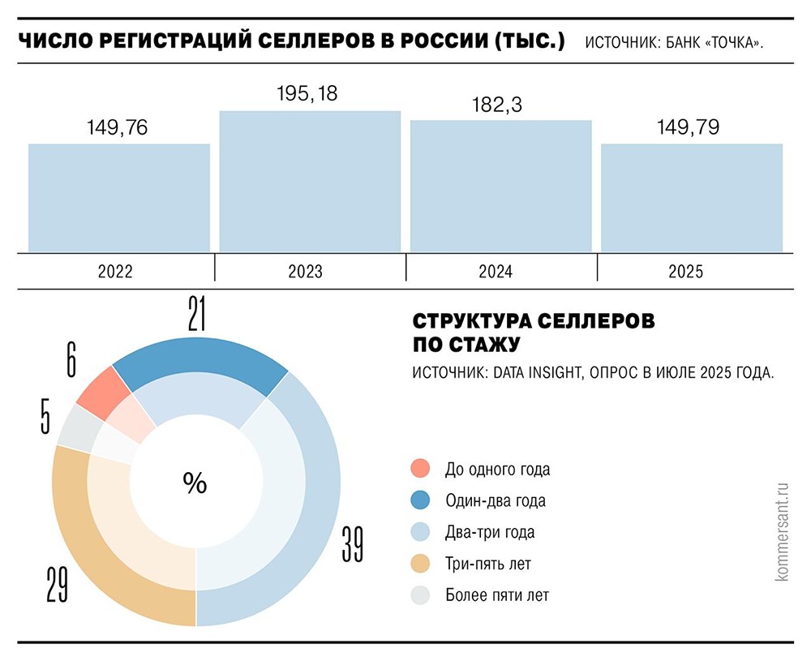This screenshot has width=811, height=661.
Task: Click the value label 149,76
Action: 118,127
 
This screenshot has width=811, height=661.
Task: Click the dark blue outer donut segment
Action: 199,358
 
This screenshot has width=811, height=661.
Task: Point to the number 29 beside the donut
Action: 56,584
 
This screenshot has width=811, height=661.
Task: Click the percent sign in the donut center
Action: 195,483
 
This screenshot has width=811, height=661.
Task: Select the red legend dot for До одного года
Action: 421,469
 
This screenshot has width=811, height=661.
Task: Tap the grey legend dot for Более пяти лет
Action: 421,595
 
